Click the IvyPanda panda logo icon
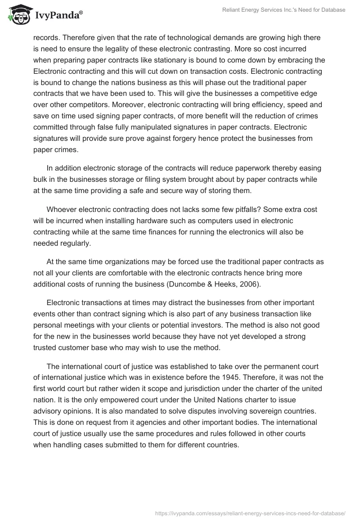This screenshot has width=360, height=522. (x=18, y=15)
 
